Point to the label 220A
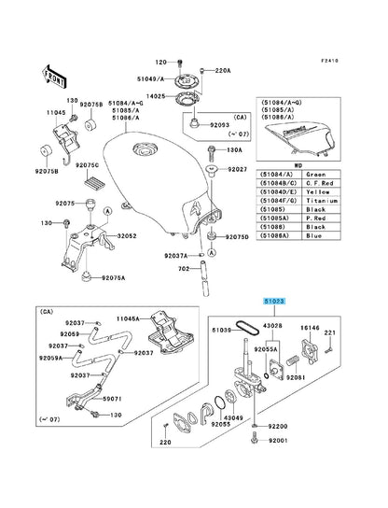pyautogui.click(x=222, y=71)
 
